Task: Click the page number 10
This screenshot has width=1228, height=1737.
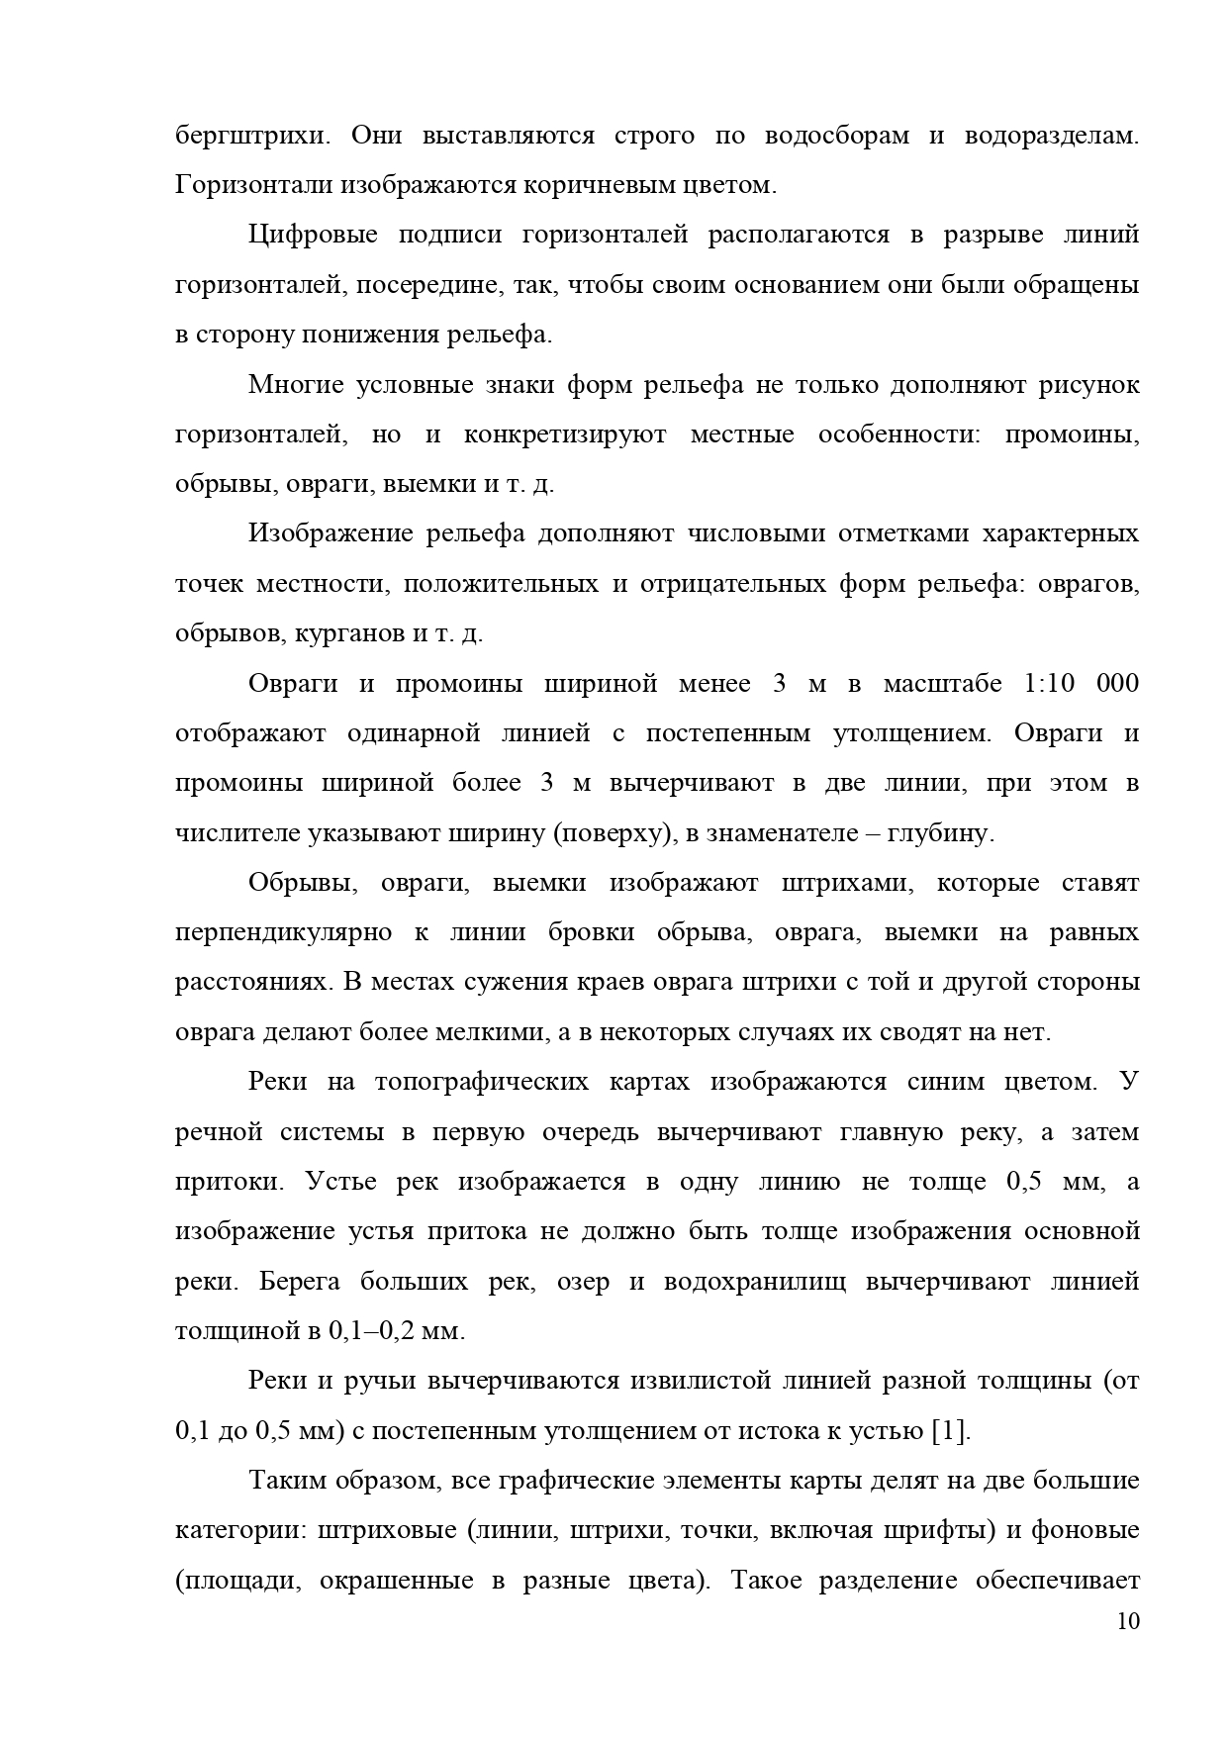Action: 1127,1622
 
